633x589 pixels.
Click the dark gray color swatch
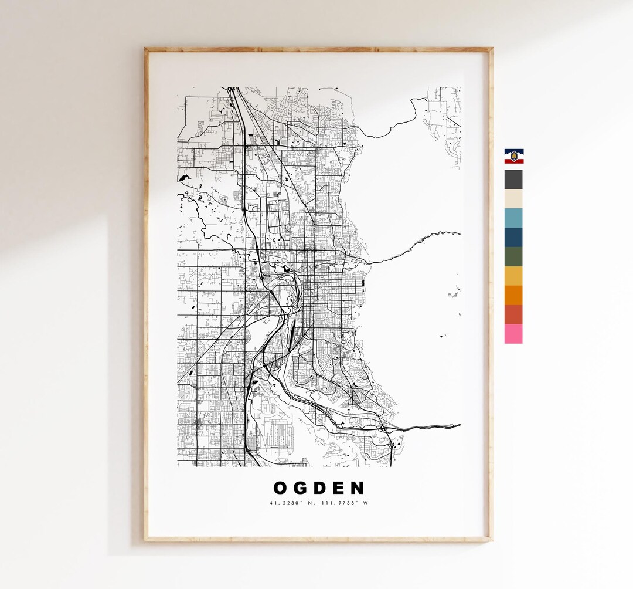click(x=513, y=180)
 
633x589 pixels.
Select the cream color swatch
click(x=513, y=199)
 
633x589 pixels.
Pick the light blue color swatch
click(x=513, y=218)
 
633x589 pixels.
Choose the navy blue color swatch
click(x=513, y=237)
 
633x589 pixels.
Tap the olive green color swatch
click(x=513, y=256)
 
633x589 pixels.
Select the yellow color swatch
click(x=513, y=276)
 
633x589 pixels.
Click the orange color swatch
click(x=513, y=295)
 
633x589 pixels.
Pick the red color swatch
click(x=513, y=314)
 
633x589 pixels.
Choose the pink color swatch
click(x=513, y=334)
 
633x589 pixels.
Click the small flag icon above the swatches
click(x=514, y=156)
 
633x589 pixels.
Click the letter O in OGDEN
click(x=280, y=488)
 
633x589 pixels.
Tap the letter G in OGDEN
click(x=301, y=488)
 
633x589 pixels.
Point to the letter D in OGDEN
click(x=321, y=488)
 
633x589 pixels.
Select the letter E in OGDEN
click(x=340, y=488)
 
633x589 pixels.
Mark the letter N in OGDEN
click(x=358, y=488)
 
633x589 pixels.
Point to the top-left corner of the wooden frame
click(x=147, y=49)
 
